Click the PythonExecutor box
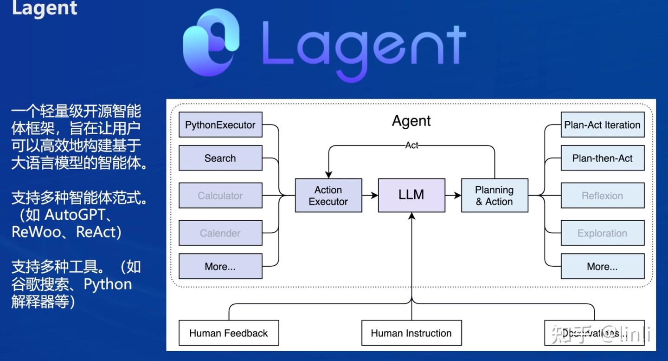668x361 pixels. tap(220, 125)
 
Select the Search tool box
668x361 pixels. tap(220, 158)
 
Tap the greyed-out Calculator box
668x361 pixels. tap(220, 196)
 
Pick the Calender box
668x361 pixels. tap(220, 233)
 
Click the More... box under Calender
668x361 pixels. tap(220, 266)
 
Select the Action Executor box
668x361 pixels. tap(328, 196)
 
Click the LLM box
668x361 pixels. tap(411, 195)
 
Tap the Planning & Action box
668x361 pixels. tap(495, 196)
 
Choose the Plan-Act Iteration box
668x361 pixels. tap(602, 125)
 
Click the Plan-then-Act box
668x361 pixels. tap(602, 158)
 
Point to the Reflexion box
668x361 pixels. tap(602, 196)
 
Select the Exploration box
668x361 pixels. tap(602, 233)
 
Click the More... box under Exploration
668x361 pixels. tap(602, 266)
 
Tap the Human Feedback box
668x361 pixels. tap(229, 333)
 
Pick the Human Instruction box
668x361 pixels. tap(411, 333)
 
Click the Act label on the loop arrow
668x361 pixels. tap(411, 145)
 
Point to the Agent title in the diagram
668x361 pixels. tap(411, 121)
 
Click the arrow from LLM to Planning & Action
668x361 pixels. tap(453, 195)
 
